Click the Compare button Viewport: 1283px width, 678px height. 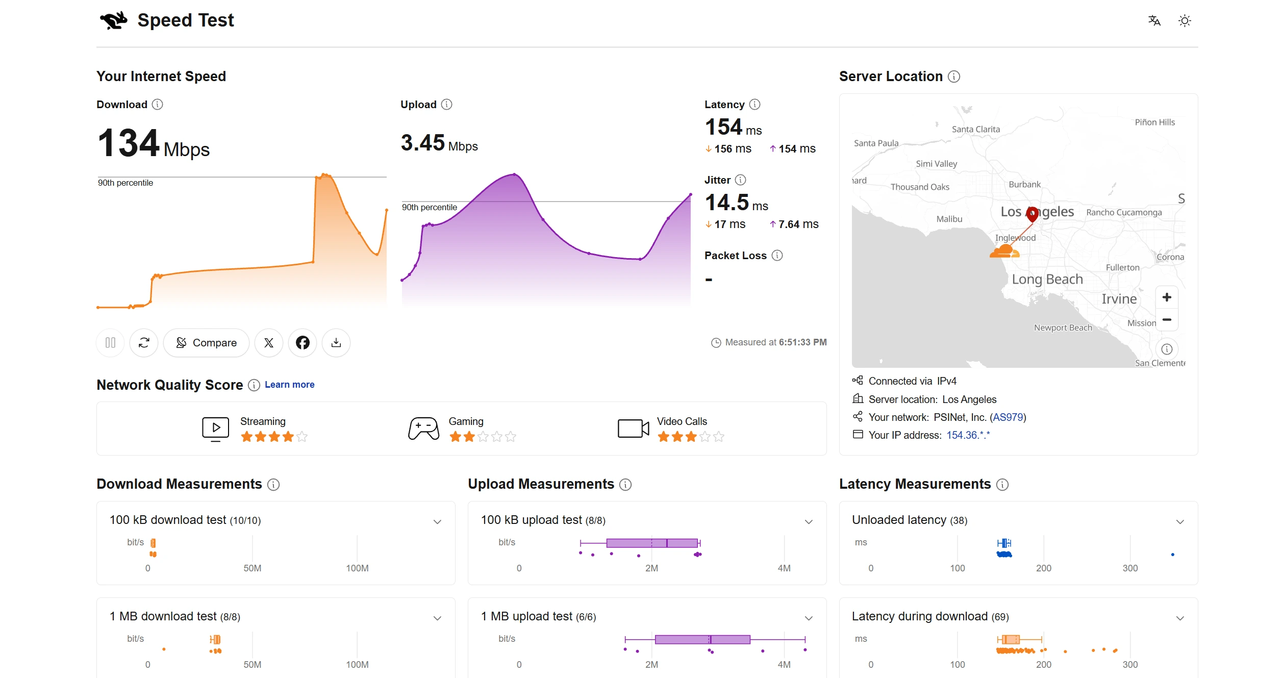pos(206,343)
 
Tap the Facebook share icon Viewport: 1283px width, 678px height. pos(303,343)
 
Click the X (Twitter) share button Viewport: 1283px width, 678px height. pos(269,343)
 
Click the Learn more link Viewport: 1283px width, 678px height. pos(289,385)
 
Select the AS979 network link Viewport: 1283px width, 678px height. pos(1008,417)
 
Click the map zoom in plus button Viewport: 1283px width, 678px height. pos(1167,297)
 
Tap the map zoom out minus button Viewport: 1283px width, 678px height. pos(1167,319)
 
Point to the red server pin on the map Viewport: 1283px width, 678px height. pos(1032,214)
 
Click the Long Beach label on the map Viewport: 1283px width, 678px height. pos(1047,279)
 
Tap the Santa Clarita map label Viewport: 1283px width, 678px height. pos(976,129)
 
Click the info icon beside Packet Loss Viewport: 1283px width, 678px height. pos(777,256)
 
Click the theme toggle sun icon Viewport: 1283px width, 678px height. pos(1185,21)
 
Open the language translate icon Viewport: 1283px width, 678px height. pos(1154,21)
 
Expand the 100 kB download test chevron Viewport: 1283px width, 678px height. pos(437,521)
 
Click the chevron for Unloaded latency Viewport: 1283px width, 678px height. pos(1180,521)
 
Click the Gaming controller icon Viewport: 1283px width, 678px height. pos(423,429)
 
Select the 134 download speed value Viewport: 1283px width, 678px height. pos(129,143)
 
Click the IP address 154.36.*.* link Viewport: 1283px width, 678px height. pos(968,435)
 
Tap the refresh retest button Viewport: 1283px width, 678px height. pos(144,343)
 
